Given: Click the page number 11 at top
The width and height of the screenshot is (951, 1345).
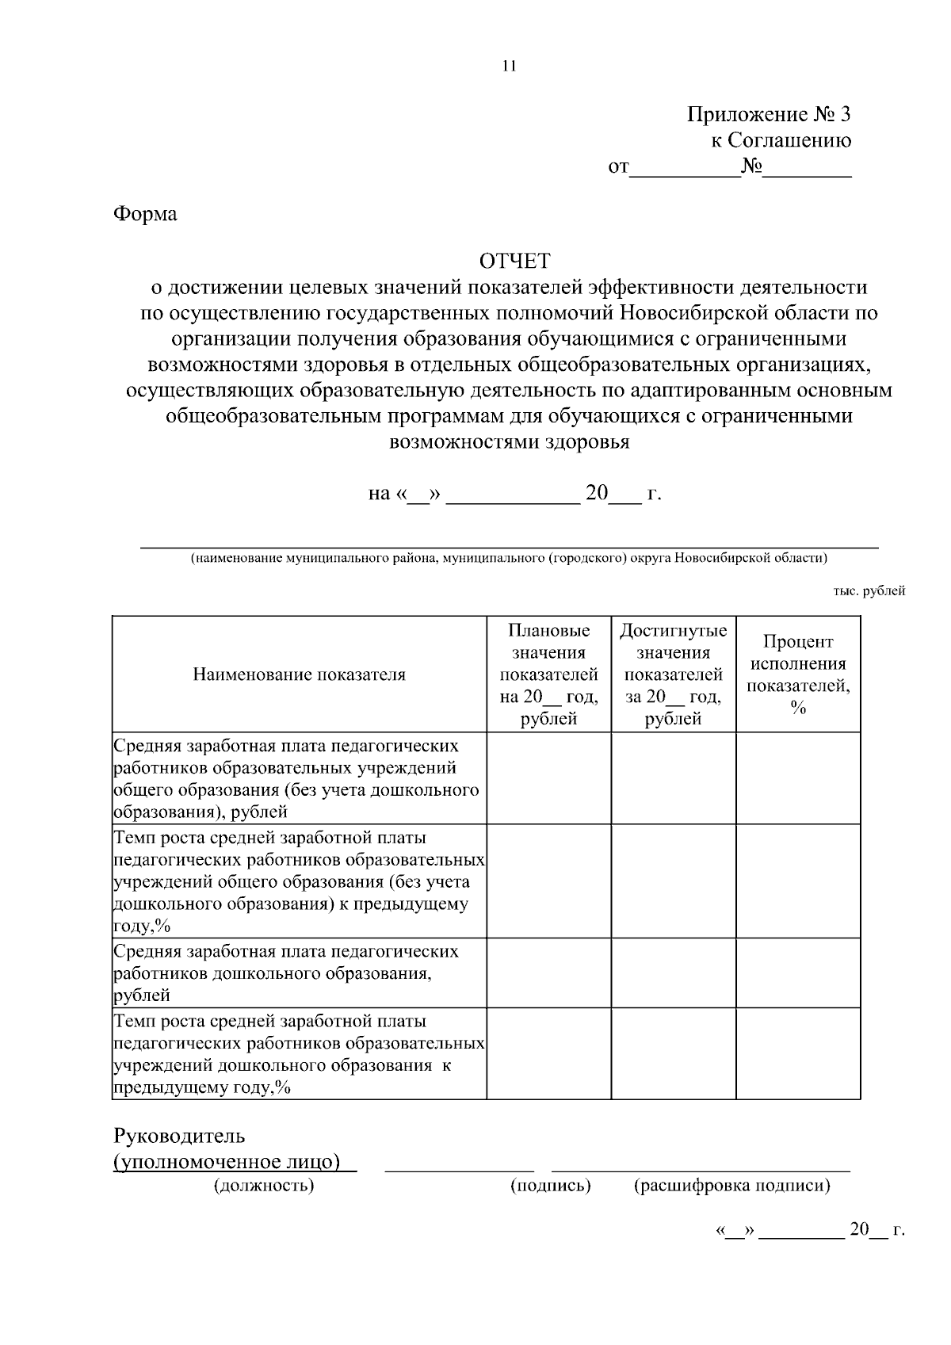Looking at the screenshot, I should coord(509,67).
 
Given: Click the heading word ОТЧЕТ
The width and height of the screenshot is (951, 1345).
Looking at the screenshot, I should coord(514,261).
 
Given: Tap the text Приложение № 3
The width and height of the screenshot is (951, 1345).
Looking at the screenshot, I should coord(768,115).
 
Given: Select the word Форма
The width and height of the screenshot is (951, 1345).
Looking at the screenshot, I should coord(145,214).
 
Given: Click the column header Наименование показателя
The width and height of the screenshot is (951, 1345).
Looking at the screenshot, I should coord(299,674).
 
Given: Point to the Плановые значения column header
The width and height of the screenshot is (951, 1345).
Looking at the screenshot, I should coord(548,674).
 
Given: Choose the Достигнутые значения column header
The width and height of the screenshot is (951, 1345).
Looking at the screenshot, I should coord(673,674).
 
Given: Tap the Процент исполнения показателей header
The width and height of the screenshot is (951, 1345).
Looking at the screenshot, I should coord(798,674).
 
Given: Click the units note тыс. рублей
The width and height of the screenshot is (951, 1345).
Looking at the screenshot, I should coord(869,590).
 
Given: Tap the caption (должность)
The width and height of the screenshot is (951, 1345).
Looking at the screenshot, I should coord(264,1186).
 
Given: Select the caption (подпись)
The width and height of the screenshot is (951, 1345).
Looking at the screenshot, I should coord(551,1186).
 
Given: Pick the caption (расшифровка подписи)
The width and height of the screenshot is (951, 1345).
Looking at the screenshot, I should coord(731,1186).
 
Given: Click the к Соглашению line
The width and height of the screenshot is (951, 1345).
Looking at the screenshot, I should coord(780,141).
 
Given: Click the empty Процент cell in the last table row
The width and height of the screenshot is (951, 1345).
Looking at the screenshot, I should coord(798,1053).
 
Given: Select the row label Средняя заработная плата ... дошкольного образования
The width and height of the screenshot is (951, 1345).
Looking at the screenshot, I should coord(285,972).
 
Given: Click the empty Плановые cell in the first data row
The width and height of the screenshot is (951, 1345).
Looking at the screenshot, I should coord(548,778).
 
